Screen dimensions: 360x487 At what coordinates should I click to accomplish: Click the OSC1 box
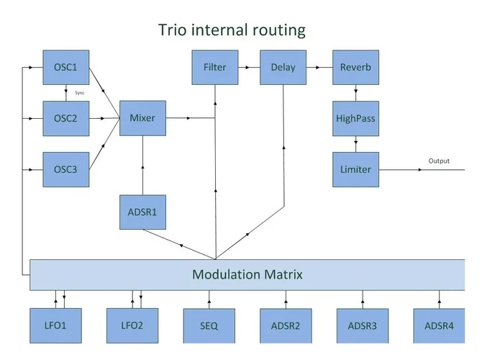(x=65, y=68)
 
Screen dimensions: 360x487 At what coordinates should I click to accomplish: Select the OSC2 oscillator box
(x=65, y=119)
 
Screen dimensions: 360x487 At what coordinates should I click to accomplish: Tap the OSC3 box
(x=65, y=169)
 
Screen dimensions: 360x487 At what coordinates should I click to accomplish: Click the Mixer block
(x=142, y=118)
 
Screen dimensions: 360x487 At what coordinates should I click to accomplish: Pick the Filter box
(x=214, y=68)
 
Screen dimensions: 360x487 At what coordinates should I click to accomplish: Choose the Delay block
(x=283, y=68)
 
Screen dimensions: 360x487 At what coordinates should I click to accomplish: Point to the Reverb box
(x=355, y=68)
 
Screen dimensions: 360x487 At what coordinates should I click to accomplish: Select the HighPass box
(x=355, y=118)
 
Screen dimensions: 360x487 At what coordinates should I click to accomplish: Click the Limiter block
(x=355, y=169)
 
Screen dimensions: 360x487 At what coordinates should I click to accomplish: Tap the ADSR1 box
(x=142, y=212)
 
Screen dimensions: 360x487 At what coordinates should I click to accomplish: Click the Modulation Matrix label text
(x=247, y=274)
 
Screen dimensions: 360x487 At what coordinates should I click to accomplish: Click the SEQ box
(x=209, y=325)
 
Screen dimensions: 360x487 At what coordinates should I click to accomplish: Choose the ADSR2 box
(x=286, y=325)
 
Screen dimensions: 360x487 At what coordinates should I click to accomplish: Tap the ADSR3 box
(x=362, y=325)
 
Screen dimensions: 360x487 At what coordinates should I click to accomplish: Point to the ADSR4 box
(x=439, y=325)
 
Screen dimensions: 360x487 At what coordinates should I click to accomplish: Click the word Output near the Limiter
(x=439, y=161)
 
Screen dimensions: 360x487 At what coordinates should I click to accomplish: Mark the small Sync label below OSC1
(x=80, y=93)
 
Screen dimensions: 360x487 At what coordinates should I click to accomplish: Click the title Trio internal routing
(x=232, y=30)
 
